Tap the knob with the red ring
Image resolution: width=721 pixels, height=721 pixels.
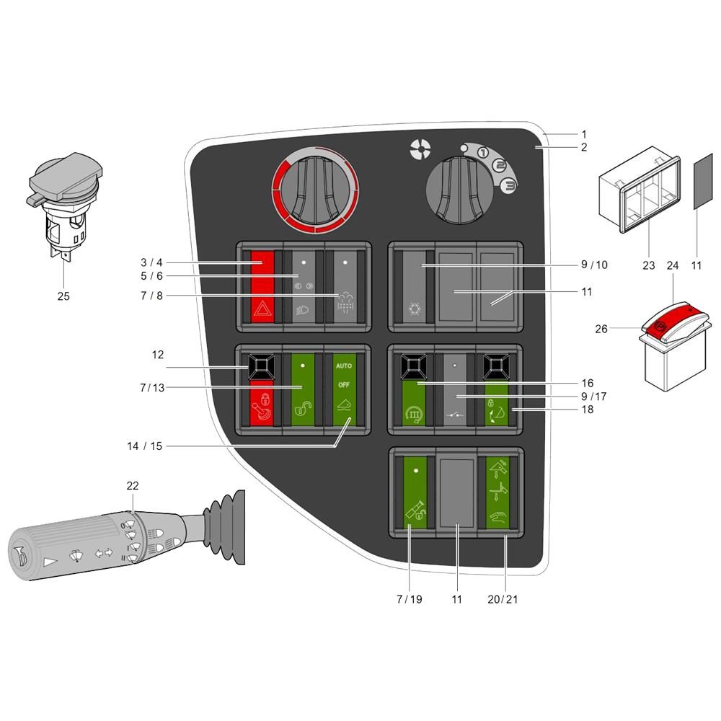315,190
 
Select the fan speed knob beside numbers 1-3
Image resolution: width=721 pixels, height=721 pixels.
459,190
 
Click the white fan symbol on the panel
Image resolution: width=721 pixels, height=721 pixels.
420,150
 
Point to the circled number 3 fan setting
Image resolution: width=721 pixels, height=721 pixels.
509,186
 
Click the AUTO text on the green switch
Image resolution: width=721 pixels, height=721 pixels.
344,366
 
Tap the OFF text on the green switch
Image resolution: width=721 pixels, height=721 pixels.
344,385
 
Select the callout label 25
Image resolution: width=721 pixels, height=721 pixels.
63,296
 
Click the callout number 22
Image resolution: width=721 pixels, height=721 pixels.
133,485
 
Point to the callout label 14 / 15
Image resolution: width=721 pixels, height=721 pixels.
144,446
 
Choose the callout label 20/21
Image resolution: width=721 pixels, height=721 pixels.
503,599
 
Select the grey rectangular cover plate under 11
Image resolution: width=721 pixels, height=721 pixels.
702,182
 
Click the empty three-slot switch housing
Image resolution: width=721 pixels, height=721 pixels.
640,190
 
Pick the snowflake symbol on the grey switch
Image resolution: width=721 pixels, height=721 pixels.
415,309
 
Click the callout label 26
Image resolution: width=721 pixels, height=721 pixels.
601,329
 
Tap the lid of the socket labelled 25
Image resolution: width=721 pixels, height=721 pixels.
66,177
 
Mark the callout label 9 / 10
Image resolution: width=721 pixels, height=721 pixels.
594,265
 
